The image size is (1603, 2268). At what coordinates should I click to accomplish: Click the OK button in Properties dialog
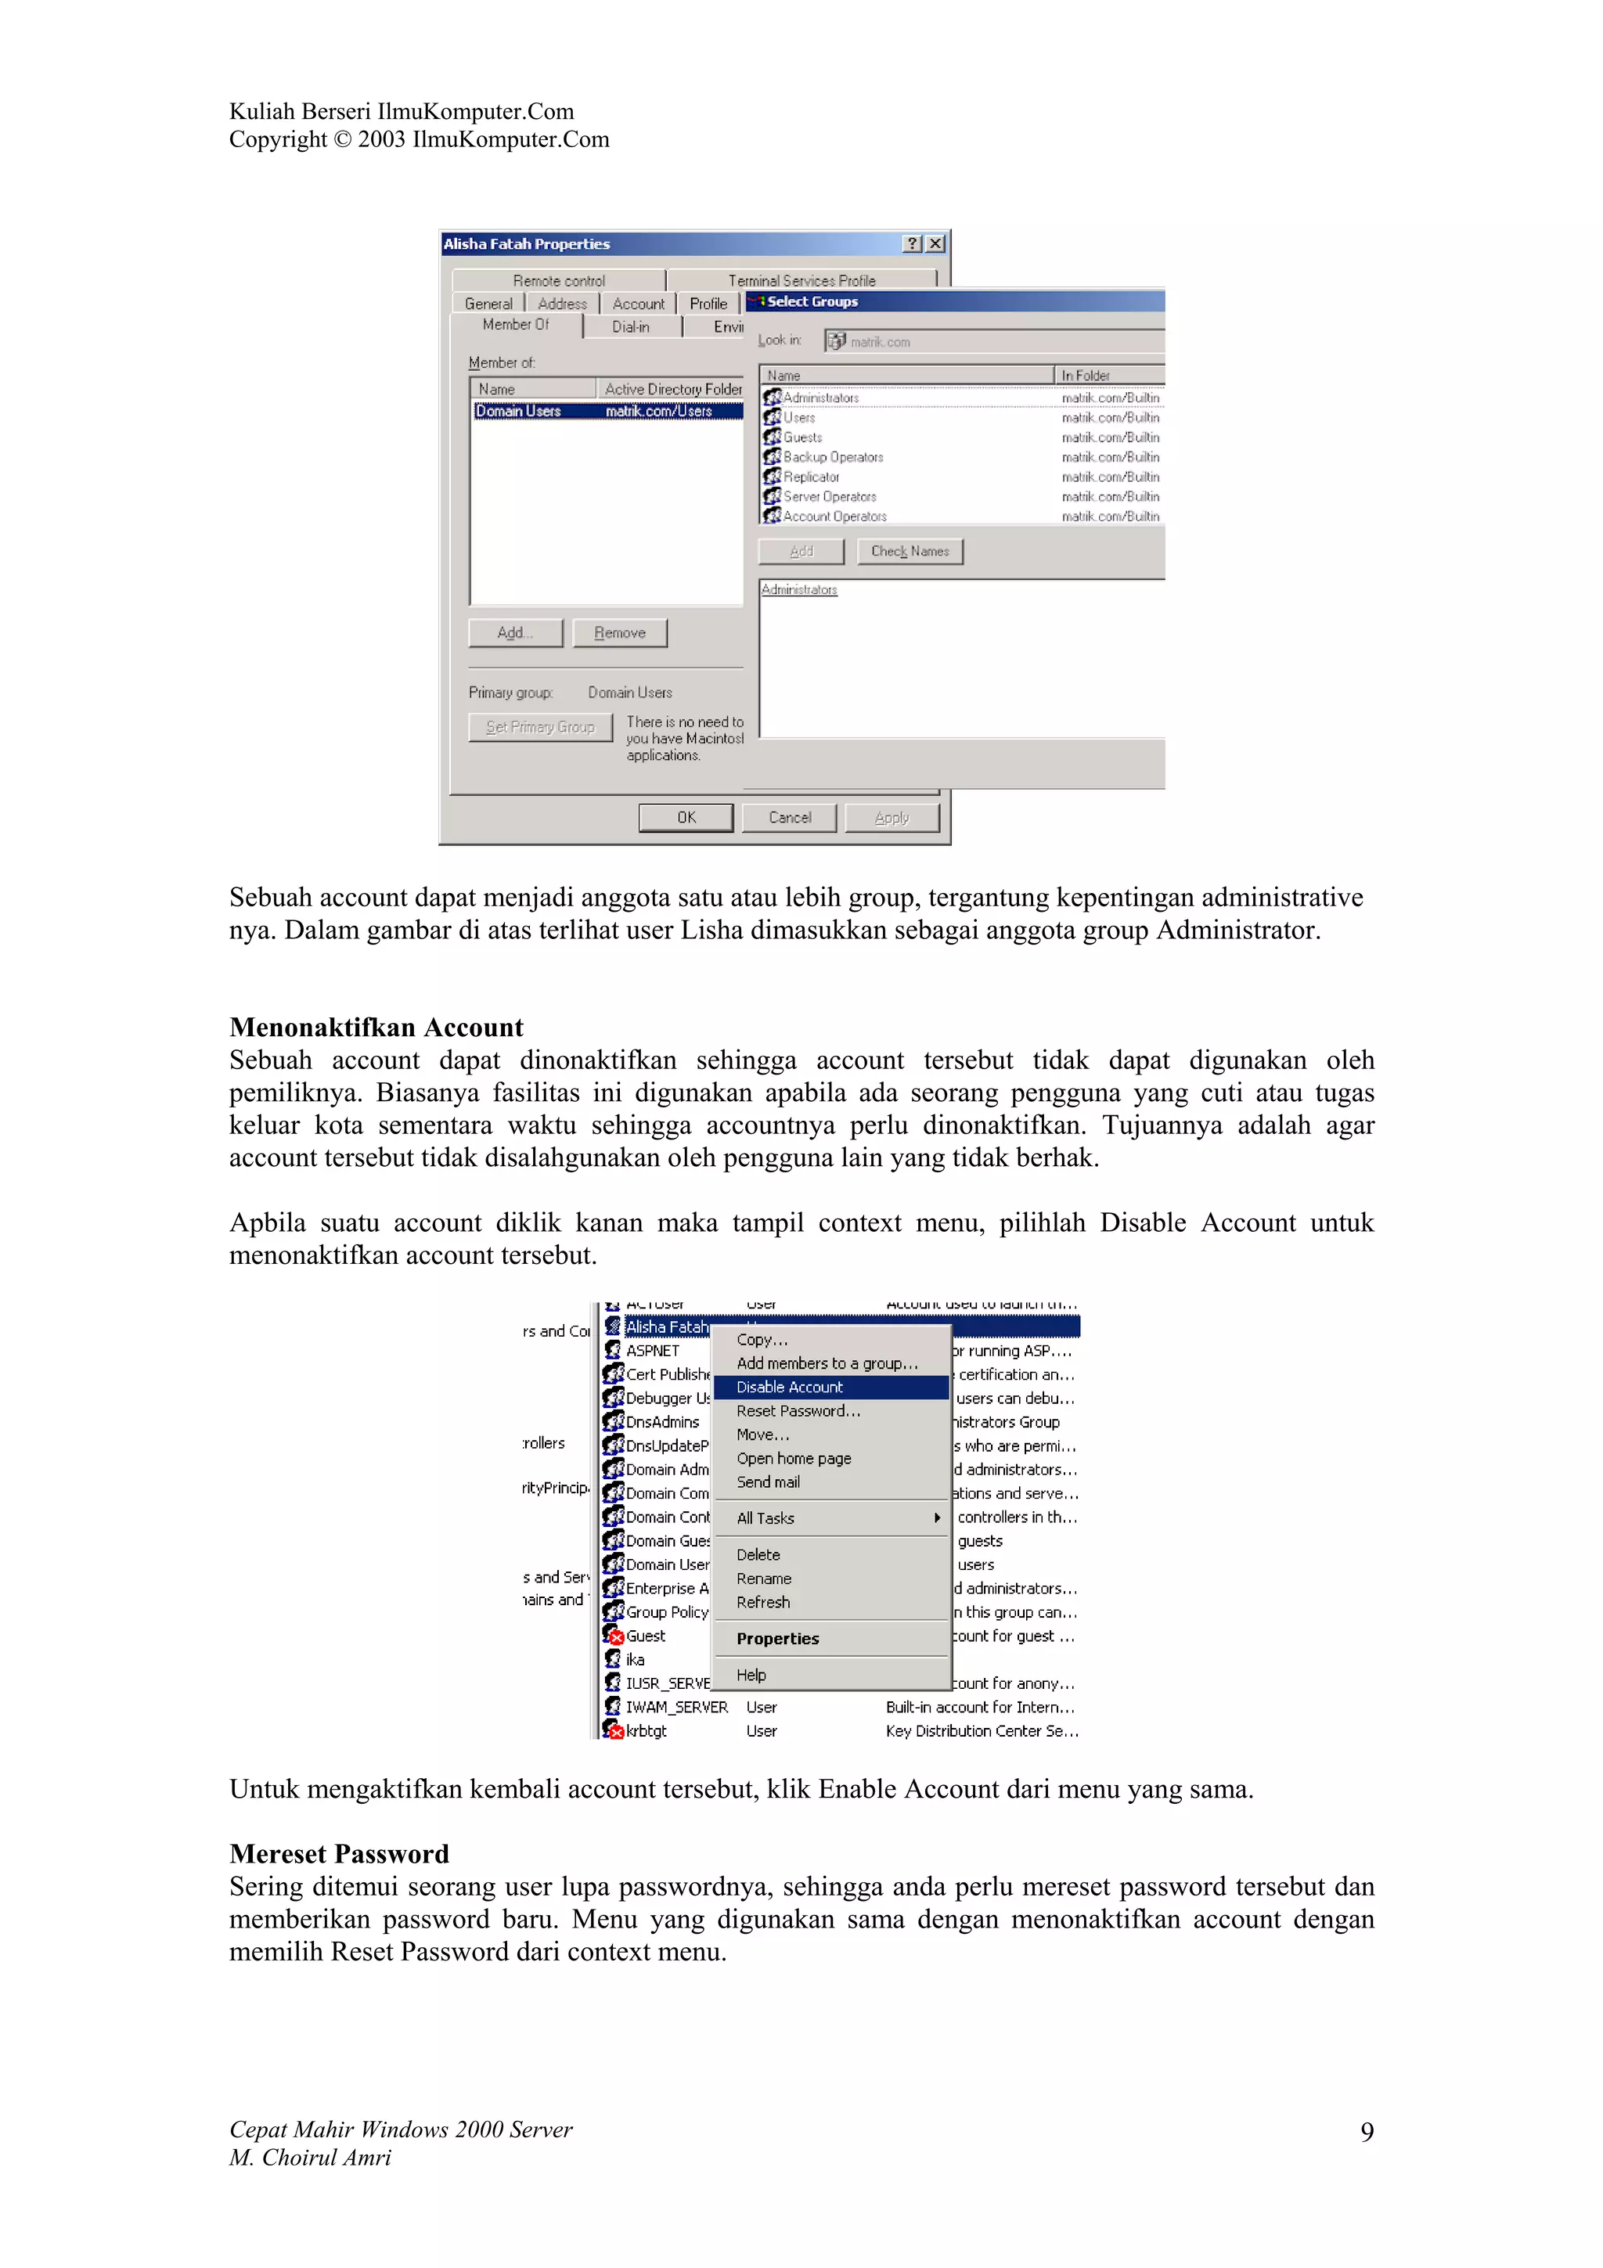[686, 818]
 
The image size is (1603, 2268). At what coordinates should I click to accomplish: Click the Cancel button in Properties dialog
[789, 818]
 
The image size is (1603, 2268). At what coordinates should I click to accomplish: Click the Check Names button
[910, 551]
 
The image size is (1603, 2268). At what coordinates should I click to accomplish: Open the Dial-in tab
[631, 327]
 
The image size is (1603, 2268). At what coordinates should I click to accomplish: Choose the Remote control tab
[559, 280]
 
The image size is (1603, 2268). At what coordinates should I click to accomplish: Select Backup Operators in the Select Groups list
[833, 457]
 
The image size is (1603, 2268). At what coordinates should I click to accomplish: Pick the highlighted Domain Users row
[607, 411]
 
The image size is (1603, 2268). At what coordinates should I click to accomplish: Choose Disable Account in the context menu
[789, 1387]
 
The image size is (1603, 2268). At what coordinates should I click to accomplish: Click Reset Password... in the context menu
[798, 1410]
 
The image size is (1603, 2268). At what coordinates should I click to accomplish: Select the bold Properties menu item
[777, 1639]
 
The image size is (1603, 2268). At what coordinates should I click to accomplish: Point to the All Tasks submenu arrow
[936, 1518]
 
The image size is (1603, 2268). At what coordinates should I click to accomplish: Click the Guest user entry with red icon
[644, 1636]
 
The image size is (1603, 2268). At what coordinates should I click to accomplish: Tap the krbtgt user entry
[645, 1730]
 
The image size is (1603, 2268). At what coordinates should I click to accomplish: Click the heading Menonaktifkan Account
[376, 1028]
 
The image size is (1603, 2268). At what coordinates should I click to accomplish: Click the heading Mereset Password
[339, 1854]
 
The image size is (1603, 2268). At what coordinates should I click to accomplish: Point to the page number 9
[1366, 2133]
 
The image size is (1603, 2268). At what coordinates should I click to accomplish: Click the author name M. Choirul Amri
[310, 2158]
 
